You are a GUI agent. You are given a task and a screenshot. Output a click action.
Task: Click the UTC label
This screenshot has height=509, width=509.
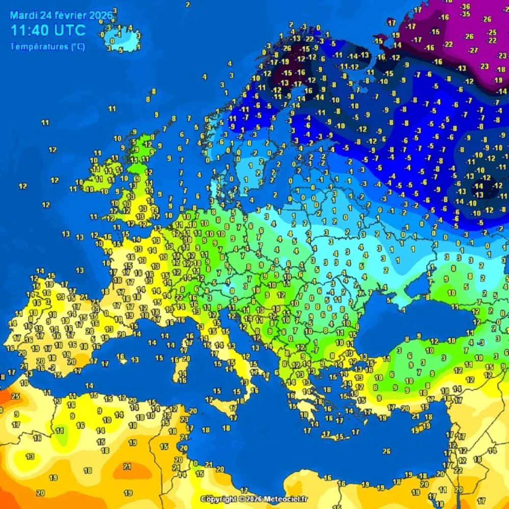[x=69, y=30]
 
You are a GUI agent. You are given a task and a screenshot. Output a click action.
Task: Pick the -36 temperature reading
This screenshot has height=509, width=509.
[x=465, y=7]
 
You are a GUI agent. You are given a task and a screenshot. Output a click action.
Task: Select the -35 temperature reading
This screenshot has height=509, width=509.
[x=465, y=14]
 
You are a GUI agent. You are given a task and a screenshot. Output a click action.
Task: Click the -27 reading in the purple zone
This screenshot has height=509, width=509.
[x=473, y=50]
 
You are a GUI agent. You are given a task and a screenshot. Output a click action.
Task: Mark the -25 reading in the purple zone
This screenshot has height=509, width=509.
[x=492, y=32]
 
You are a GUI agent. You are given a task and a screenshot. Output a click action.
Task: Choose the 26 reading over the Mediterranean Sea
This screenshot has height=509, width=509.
[x=386, y=451]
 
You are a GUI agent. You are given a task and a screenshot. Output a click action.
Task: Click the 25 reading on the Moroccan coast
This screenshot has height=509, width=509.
[x=15, y=396]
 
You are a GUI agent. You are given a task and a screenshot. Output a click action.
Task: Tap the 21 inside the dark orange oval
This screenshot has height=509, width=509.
[x=127, y=466]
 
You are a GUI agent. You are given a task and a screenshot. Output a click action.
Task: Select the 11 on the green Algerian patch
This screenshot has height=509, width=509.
[x=60, y=431]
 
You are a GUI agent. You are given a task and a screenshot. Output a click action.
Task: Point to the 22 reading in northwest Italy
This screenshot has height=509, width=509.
[x=179, y=297]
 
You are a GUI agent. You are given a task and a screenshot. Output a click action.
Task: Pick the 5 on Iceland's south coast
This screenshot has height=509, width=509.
[x=121, y=50]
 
